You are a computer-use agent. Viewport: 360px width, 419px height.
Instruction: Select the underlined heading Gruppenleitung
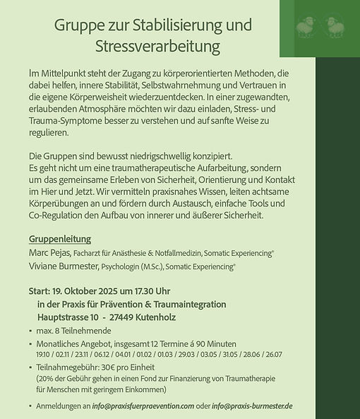60,239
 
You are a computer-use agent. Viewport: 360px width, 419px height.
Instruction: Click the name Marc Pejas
49,252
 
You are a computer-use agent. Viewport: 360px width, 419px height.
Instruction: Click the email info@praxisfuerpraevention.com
143,406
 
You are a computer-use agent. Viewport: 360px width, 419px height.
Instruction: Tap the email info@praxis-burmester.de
252,406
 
